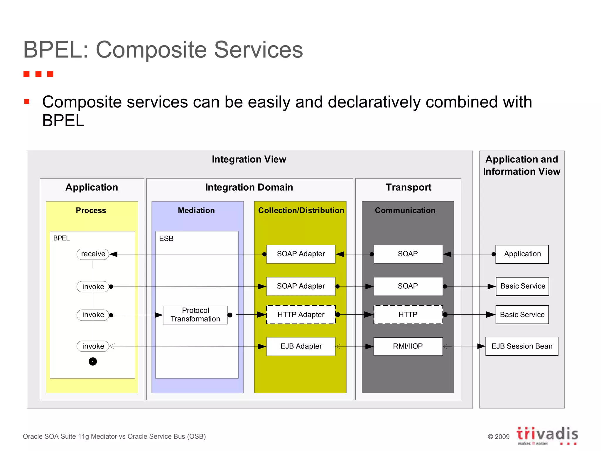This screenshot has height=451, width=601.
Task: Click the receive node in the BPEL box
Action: tap(93, 254)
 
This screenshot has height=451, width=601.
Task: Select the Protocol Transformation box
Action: tap(195, 315)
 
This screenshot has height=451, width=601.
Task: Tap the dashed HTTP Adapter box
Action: tap(301, 315)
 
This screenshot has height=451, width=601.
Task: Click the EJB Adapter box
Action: tap(301, 346)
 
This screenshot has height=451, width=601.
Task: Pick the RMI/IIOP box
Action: tap(408, 346)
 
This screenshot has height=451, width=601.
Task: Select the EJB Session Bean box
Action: tap(522, 346)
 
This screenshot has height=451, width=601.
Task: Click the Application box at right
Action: tap(522, 254)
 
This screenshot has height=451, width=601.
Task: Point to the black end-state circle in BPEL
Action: tap(93, 361)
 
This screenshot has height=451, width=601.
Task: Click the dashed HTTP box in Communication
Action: tap(408, 315)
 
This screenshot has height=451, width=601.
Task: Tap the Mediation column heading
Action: tap(196, 211)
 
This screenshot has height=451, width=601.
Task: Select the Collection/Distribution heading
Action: tap(301, 211)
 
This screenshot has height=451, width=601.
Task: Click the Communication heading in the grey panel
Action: tap(405, 211)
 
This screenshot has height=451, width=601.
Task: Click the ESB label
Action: tap(166, 238)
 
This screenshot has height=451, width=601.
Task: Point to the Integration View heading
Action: tap(249, 159)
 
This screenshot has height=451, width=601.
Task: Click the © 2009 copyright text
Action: tap(499, 437)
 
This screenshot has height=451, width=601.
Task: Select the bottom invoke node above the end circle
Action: tap(93, 346)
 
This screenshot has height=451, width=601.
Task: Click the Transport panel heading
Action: tap(408, 187)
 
